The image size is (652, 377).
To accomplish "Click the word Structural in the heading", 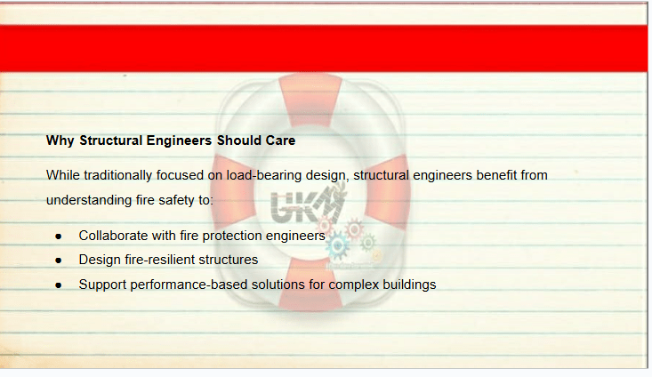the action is (111, 140).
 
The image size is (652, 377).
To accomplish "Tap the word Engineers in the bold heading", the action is (179, 140).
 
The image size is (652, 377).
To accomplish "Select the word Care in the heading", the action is (281, 140).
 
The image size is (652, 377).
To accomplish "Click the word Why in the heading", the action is (60, 140).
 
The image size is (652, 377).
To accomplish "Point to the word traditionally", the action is (117, 175).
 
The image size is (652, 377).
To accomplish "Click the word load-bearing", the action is (263, 175).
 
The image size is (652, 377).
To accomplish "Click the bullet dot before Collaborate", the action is (58, 237).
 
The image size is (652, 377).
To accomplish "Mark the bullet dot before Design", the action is (58, 261).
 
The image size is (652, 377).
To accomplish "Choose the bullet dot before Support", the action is (58, 285).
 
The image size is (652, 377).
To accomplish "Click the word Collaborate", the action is (114, 236).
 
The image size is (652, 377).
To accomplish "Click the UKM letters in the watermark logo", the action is (307, 205).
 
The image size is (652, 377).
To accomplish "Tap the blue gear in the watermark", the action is (338, 245).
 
